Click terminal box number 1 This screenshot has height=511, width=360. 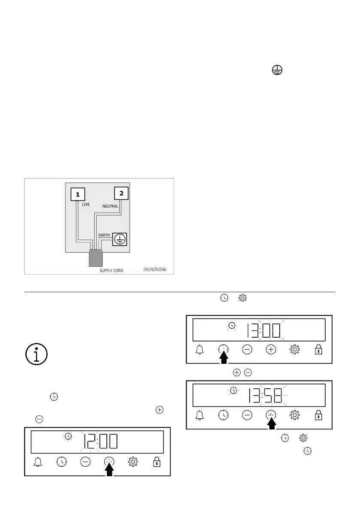click(x=78, y=194)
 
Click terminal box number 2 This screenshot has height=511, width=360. click(x=121, y=194)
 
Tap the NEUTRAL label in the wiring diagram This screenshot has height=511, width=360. click(x=110, y=206)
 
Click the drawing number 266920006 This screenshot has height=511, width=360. click(x=155, y=270)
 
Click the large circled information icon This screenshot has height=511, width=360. click(x=36, y=354)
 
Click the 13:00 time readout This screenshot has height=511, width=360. click(x=263, y=331)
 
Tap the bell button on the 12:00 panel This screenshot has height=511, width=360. click(x=38, y=462)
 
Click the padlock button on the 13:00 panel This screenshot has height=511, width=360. click(x=318, y=350)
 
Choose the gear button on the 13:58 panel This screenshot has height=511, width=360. click(x=294, y=415)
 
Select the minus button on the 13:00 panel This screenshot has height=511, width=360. click(x=247, y=350)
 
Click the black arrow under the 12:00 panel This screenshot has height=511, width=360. click(x=110, y=470)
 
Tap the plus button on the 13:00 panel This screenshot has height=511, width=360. click(x=271, y=350)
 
